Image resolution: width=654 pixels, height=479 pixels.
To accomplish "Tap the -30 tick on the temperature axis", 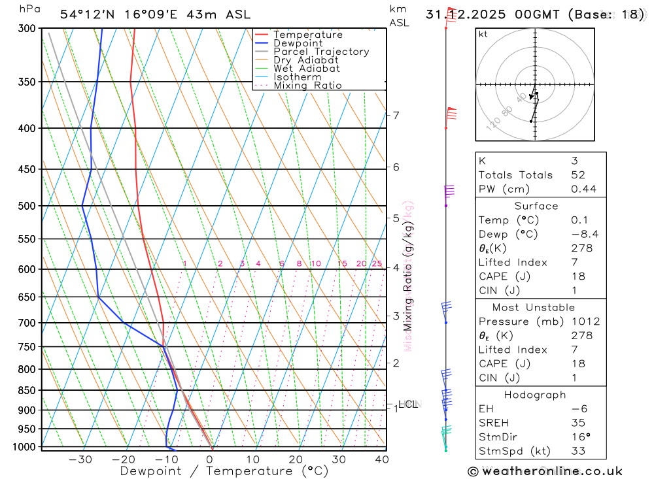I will pyautogui.click(x=80, y=459).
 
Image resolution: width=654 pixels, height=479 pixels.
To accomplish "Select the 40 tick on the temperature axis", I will pyautogui.click(x=382, y=459).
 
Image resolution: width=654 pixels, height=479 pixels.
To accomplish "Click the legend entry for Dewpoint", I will pyautogui.click(x=298, y=43).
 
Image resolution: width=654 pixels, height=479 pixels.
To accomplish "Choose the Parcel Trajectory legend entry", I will pyautogui.click(x=320, y=52).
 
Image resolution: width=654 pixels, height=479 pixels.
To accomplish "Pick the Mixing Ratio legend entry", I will pyautogui.click(x=307, y=86).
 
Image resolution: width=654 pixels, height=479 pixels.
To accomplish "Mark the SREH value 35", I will pyautogui.click(x=577, y=423).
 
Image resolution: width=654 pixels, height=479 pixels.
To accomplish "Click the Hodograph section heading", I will pyautogui.click(x=541, y=395).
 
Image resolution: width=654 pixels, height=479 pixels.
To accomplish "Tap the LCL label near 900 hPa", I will pyautogui.click(x=407, y=405).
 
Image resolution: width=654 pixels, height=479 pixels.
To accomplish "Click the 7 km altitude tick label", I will pyautogui.click(x=396, y=116).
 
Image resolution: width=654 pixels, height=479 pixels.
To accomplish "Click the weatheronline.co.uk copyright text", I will pyautogui.click(x=545, y=471).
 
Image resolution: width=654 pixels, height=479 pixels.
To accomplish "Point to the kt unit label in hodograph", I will pyautogui.click(x=483, y=34).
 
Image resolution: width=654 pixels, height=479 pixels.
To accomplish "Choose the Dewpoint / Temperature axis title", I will pyautogui.click(x=224, y=471).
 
